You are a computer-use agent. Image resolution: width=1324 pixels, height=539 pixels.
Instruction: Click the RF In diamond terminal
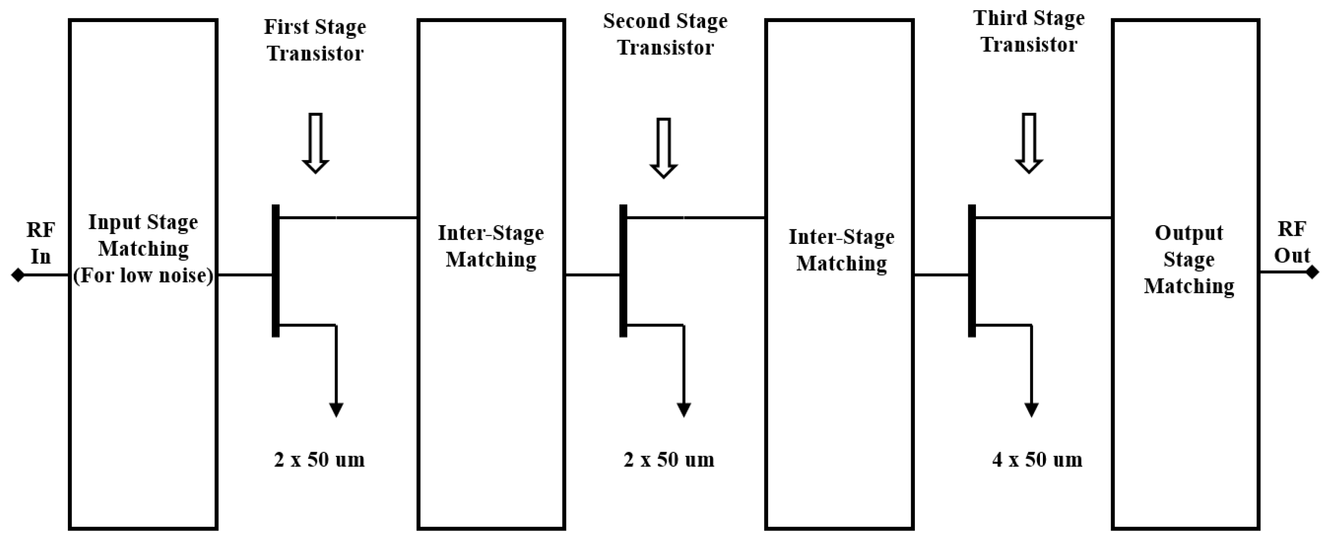tap(18, 275)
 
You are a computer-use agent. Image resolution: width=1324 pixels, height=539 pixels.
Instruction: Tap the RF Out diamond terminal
tap(1312, 271)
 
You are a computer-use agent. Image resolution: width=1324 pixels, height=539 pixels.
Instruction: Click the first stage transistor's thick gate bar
tap(276, 271)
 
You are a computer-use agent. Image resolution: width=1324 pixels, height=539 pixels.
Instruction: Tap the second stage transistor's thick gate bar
tap(624, 271)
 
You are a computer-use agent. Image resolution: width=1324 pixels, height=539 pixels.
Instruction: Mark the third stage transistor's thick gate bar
tap(971, 271)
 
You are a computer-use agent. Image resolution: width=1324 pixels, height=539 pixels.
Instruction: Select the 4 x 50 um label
tap(1037, 459)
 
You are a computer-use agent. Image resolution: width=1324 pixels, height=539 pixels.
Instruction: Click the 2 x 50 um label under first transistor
tap(319, 459)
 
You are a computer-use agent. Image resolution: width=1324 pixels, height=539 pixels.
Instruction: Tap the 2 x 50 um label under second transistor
tap(669, 459)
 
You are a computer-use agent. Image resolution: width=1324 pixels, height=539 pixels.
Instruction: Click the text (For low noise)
tap(143, 276)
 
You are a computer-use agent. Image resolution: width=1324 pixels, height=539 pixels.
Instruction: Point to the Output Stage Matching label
tap(1189, 259)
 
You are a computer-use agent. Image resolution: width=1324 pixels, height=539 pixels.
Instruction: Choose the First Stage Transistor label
tap(315, 39)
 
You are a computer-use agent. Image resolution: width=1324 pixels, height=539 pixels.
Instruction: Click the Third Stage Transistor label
tap(1029, 31)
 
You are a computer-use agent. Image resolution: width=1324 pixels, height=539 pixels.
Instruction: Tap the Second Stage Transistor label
tap(665, 34)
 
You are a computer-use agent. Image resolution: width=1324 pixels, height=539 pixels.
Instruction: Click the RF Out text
tap(1292, 242)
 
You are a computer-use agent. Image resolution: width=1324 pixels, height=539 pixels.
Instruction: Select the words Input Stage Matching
tap(143, 235)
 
